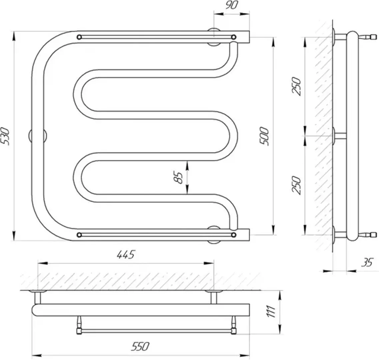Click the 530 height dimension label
pos(6,136)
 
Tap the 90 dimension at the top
pos(232,5)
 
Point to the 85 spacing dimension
pos(179,177)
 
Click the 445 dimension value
pos(125,254)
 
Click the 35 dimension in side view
pos(367,262)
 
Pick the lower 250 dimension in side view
pos(297,185)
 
